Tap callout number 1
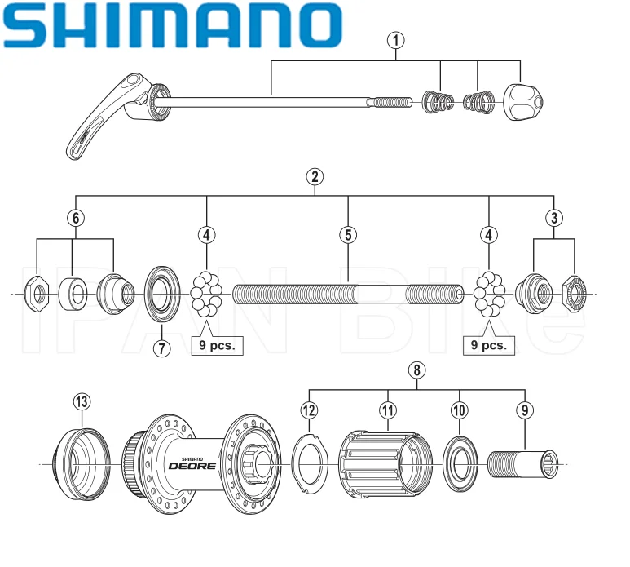tap(397, 38)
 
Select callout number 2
tap(315, 175)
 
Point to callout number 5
tap(348, 235)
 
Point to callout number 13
tap(82, 401)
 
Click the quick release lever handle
tap(102, 121)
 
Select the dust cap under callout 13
tap(82, 462)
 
